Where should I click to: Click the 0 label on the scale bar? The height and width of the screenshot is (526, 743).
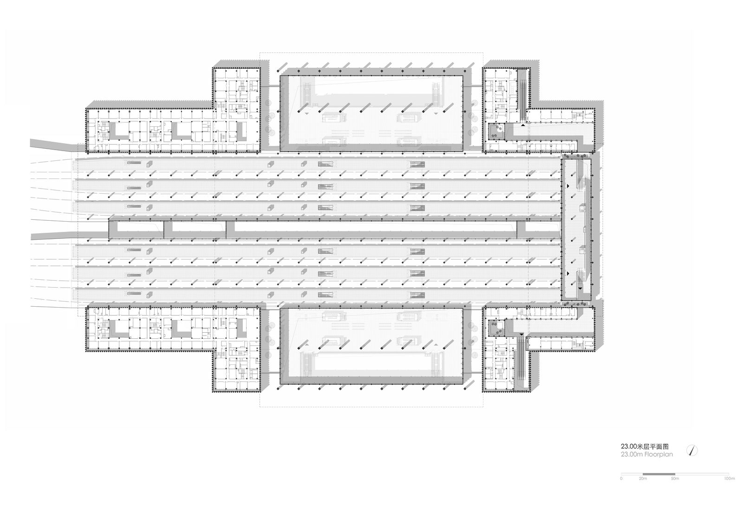622,478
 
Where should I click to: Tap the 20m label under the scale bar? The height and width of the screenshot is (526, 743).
643,478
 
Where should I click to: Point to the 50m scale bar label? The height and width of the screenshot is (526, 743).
675,478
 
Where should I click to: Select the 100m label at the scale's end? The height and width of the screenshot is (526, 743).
730,478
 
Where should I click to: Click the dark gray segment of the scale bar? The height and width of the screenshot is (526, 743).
659,474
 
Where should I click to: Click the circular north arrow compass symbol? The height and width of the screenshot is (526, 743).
694,450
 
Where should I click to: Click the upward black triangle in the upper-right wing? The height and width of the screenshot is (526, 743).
523,125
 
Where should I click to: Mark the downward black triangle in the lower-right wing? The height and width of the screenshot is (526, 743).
521,334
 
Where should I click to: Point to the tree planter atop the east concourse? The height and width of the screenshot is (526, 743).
577,156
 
